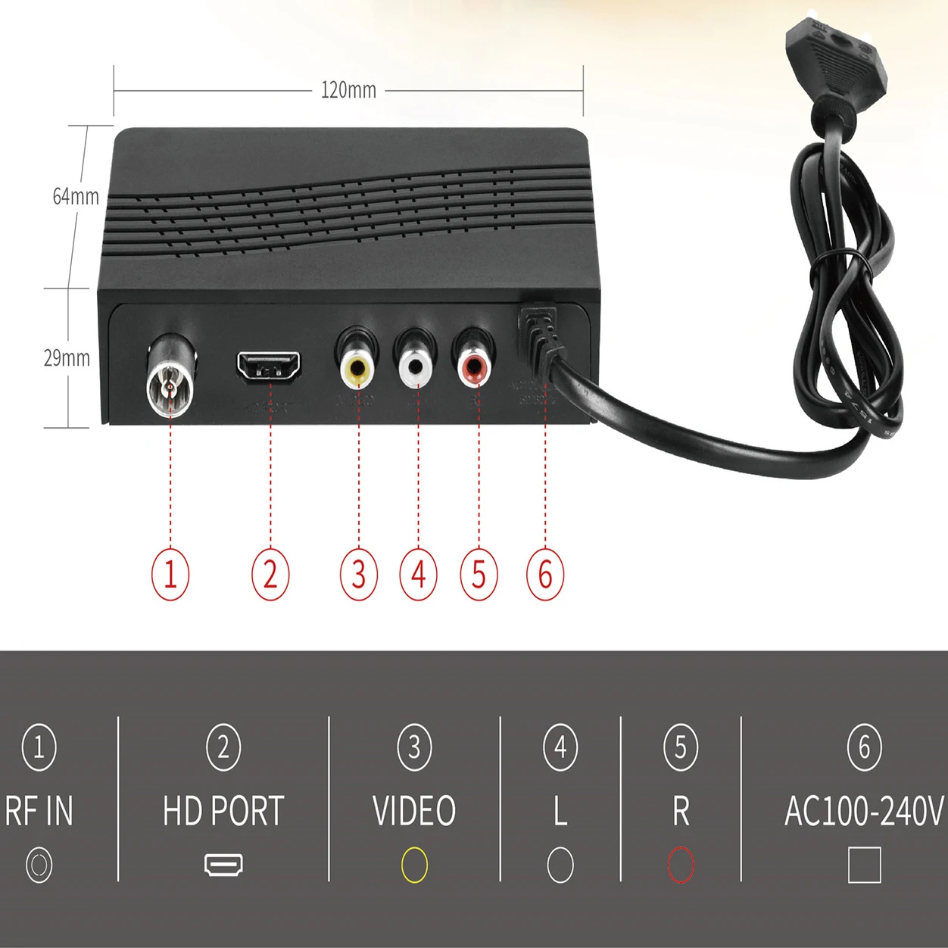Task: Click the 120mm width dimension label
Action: (x=348, y=90)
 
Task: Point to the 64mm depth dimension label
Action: (x=76, y=197)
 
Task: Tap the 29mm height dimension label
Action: (x=67, y=358)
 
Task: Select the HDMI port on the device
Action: (x=269, y=366)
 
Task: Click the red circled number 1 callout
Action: (x=170, y=574)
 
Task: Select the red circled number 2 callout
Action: (x=270, y=574)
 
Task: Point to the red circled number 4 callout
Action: (x=419, y=574)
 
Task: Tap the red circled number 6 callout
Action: (x=545, y=574)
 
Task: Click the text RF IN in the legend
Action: (x=39, y=811)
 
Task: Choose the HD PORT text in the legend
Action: (x=223, y=811)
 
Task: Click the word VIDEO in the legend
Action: (x=414, y=811)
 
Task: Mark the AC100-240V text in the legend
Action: (x=864, y=811)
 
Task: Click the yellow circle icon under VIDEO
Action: (x=414, y=865)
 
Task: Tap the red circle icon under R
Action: (x=681, y=865)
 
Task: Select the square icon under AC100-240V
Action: (x=864, y=865)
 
